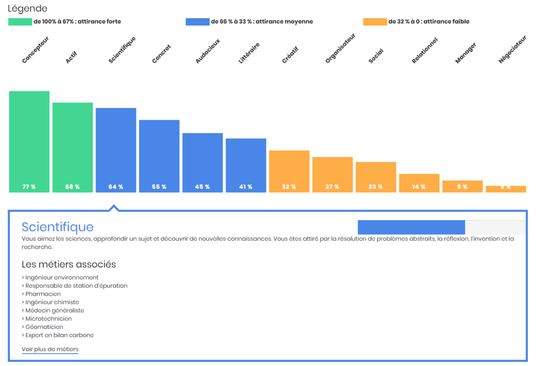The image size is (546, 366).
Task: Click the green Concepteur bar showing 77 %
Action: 29,141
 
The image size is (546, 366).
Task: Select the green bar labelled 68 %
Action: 73,147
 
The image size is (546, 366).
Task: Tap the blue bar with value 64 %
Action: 116,150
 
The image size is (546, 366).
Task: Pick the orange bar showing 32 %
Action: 289,171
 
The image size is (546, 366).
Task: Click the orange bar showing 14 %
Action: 419,183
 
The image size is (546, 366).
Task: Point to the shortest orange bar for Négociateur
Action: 505,189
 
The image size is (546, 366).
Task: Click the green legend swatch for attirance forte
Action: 20,22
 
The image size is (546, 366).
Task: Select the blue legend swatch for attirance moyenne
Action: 197,22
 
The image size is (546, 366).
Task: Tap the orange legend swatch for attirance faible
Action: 374,22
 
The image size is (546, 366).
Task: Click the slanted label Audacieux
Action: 207,51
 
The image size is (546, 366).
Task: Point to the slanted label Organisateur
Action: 340,48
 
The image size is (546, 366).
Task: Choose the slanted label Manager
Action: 465,53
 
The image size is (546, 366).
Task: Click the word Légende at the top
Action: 27,9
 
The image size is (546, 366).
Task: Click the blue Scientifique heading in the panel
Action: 58,227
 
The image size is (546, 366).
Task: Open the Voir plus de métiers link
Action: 50,349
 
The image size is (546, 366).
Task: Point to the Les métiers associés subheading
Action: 69,264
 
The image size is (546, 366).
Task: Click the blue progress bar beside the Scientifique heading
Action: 411,227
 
